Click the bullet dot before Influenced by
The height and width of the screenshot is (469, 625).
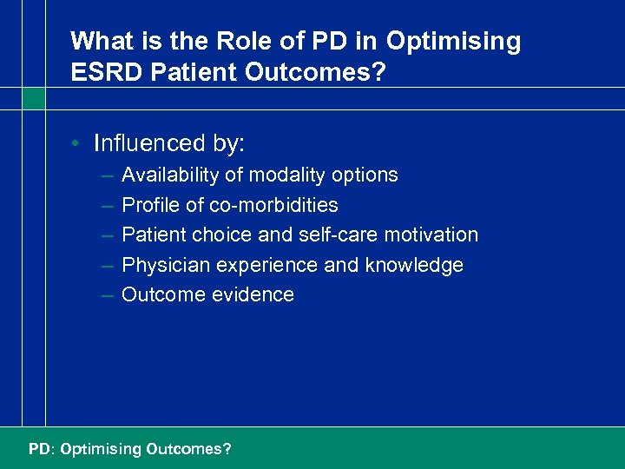pos(77,143)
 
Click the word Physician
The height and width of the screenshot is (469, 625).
pos(161,265)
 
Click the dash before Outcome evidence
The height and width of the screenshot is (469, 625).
pos(106,295)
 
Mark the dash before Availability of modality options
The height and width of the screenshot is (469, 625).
pos(106,175)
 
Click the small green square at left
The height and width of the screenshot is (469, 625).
pos(33,99)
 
